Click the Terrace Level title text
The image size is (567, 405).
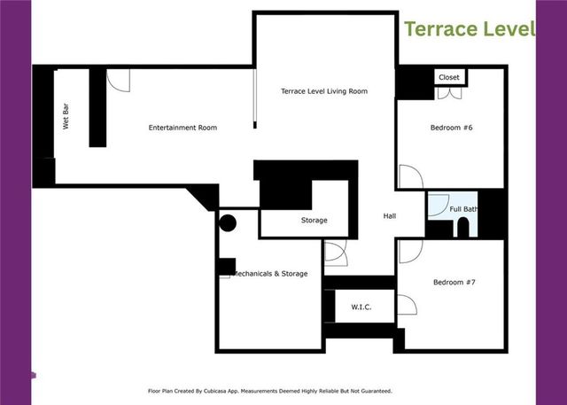pos(470,28)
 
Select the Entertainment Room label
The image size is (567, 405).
pos(183,128)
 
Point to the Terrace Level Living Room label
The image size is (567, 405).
pos(323,91)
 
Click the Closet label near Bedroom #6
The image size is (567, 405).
pos(448,78)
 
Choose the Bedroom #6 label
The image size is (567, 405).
pos(452,128)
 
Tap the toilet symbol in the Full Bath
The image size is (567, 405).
pos(462,229)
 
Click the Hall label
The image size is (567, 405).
pos(390,216)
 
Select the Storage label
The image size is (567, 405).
pos(314,220)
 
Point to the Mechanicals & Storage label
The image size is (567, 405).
pos(269,274)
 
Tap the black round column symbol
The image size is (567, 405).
pos(228,223)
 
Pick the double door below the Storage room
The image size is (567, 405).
pos(336,252)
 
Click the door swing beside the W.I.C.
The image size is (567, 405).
pos(407,306)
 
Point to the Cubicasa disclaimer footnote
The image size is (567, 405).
pos(269,390)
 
